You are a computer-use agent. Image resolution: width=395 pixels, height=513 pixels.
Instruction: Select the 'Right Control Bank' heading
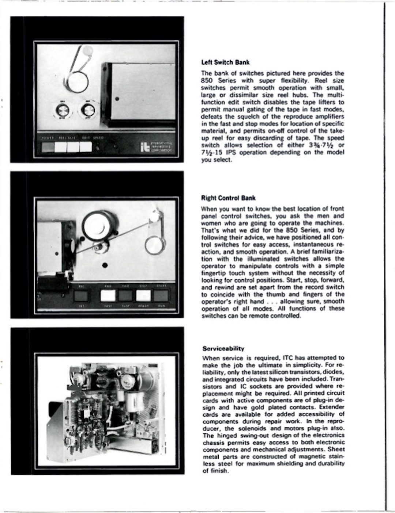[228, 198]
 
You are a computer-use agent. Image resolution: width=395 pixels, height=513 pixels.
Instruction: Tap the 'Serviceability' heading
[223, 348]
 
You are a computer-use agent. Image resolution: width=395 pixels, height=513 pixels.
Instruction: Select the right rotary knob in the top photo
[88, 110]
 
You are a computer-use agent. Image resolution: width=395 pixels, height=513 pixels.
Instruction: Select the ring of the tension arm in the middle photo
[155, 245]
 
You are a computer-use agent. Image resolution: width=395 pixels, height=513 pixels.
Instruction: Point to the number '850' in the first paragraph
[208, 80]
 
